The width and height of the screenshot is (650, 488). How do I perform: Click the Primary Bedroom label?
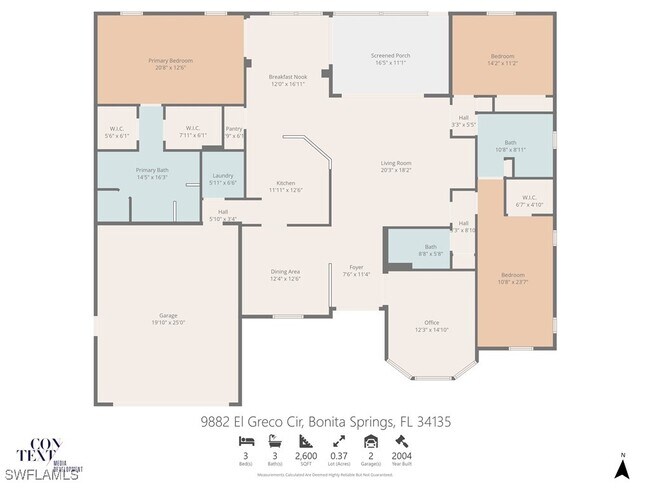click(170, 61)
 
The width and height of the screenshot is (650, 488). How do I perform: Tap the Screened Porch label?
click(391, 56)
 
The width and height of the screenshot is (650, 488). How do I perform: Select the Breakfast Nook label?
click(287, 77)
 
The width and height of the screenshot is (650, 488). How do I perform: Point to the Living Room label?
click(395, 163)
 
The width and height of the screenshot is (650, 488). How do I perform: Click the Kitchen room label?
click(286, 183)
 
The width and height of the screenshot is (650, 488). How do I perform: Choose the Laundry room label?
click(222, 176)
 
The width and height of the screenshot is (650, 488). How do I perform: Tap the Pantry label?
click(233, 129)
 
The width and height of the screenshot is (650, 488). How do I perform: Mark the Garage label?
click(168, 318)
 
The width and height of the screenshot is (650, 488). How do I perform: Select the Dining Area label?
click(286, 271)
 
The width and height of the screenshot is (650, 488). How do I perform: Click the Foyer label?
click(355, 267)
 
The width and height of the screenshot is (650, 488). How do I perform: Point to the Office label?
click(432, 322)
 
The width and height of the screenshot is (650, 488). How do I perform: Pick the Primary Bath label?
click(153, 170)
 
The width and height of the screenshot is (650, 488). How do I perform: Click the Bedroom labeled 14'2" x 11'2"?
click(502, 56)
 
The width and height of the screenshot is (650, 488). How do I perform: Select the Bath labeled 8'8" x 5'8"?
click(430, 247)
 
